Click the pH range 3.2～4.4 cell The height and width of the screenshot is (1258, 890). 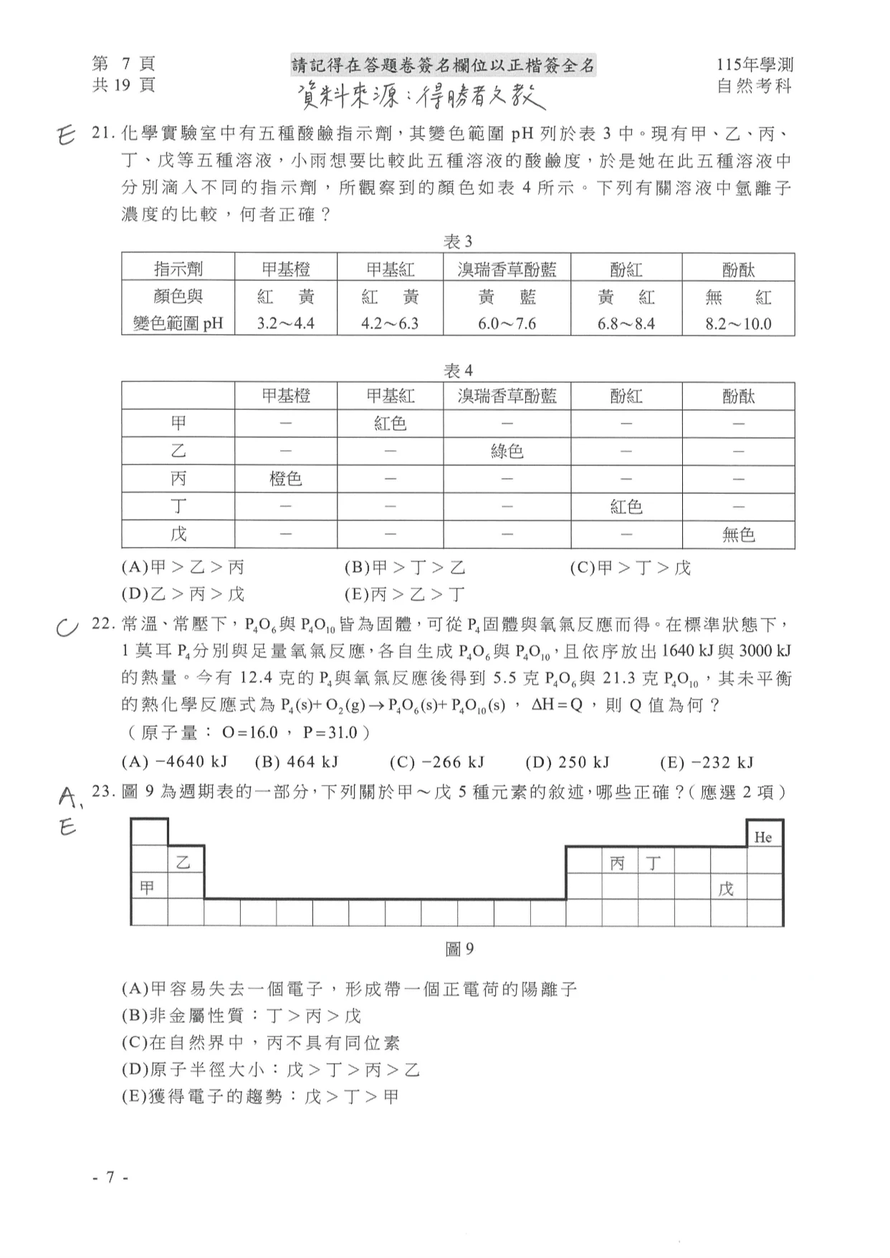(285, 323)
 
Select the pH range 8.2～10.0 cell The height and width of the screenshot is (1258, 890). (738, 323)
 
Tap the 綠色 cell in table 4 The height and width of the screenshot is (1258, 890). (507, 451)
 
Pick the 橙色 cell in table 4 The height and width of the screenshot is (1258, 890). (285, 478)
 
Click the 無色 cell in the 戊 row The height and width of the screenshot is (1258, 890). (738, 534)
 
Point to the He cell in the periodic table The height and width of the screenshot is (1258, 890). (763, 837)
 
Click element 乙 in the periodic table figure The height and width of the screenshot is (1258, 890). (185, 862)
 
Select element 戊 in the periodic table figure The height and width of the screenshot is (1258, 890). (727, 889)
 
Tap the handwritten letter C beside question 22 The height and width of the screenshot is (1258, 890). (67, 627)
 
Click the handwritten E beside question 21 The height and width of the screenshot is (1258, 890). (65, 135)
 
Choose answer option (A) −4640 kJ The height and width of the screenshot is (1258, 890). (175, 762)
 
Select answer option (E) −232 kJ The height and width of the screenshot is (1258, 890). (706, 762)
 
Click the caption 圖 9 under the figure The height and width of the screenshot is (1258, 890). (459, 949)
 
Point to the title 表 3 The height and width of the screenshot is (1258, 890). (458, 242)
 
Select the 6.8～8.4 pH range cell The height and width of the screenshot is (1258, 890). (626, 323)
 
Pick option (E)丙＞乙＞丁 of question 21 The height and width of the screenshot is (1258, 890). (405, 594)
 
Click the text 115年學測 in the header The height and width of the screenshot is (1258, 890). (755, 65)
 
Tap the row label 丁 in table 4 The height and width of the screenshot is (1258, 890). (178, 506)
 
